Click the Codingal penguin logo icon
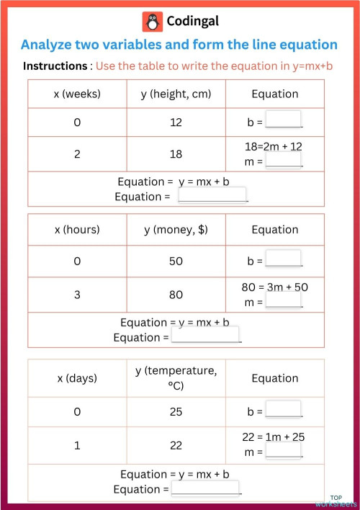tap(153, 22)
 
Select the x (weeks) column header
tap(77, 94)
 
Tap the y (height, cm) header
tap(176, 94)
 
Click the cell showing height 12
tap(176, 122)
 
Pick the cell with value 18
tap(176, 154)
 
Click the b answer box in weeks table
tap(284, 120)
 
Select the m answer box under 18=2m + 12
tap(284, 161)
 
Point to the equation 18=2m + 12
tap(274, 146)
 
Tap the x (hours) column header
tap(77, 230)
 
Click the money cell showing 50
tap(176, 261)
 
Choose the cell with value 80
tap(176, 295)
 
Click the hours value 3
tap(77, 295)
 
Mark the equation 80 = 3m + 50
tap(275, 287)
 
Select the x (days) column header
tap(77, 378)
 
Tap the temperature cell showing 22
tap(176, 445)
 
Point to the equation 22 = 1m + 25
tap(275, 437)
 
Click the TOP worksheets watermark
tap(336, 501)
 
